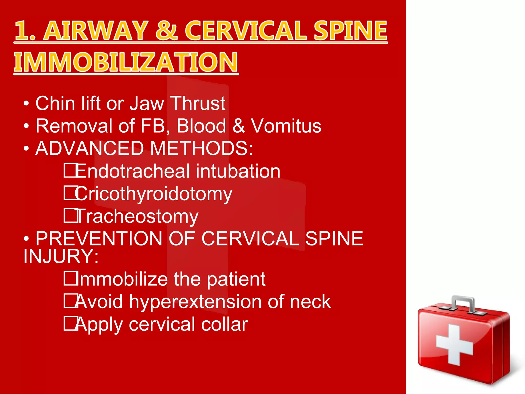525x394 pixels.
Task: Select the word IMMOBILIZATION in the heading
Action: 126,62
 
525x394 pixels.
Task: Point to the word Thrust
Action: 198,103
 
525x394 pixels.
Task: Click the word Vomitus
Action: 286,126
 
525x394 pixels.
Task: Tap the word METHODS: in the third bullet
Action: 201,149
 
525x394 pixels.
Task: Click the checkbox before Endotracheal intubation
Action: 69,171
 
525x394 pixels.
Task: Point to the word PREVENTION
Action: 99,239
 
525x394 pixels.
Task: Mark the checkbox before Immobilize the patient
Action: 69,279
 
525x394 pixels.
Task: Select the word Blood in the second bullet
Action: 201,126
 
